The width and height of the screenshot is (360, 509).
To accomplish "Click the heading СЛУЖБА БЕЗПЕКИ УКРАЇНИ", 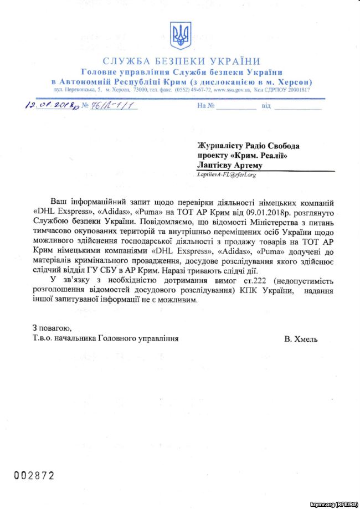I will point(181,61).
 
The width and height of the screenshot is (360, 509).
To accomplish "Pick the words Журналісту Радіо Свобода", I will point(249,146).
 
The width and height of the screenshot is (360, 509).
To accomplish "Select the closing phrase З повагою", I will point(52,328).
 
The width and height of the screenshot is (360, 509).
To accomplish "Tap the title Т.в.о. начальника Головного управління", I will point(105,338).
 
